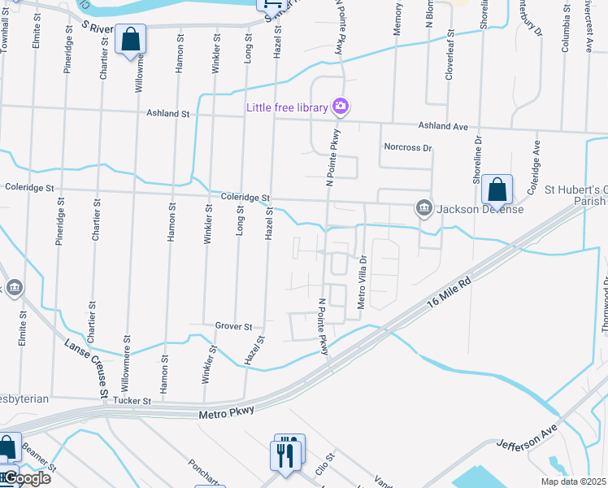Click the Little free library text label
click(x=288, y=107)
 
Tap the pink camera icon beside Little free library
click(x=341, y=106)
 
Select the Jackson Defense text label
click(x=480, y=209)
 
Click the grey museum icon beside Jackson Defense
click(x=423, y=209)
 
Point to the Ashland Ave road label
click(x=443, y=126)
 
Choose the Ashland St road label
click(x=167, y=114)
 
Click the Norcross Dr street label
click(x=407, y=148)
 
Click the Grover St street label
click(x=233, y=326)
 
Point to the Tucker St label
click(x=132, y=401)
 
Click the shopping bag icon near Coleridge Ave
click(x=496, y=190)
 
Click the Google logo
click(x=26, y=478)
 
